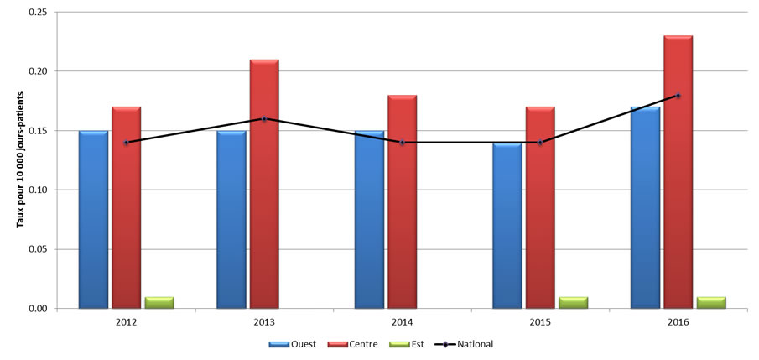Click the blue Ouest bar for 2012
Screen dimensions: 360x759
(93, 220)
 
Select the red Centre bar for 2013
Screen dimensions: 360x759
(264, 185)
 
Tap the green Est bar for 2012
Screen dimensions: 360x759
(159, 303)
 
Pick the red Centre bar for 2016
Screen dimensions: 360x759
(678, 172)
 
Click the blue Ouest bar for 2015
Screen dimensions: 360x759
(507, 226)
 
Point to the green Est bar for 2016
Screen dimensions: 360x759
(711, 303)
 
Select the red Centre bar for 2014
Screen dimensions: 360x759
(402, 202)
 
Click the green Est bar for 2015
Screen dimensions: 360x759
(573, 303)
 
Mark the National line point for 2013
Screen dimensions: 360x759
(264, 118)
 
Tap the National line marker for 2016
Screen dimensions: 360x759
(678, 96)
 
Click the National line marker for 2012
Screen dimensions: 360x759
(126, 143)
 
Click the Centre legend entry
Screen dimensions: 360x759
(355, 343)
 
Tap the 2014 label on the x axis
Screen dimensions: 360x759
(402, 322)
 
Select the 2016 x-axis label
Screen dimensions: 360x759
(678, 322)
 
